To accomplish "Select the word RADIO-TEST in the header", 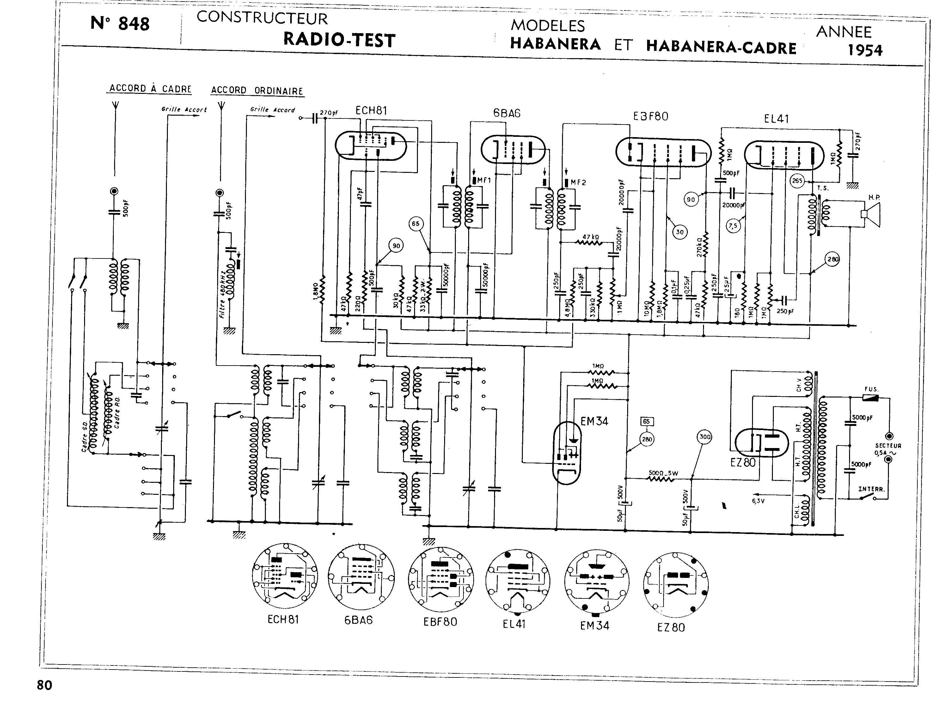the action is tap(339, 40).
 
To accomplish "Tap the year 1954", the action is tap(865, 50).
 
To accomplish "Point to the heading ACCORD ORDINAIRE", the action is tap(257, 90).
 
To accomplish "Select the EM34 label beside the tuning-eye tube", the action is tap(594, 421).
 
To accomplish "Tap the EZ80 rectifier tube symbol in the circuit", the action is tap(762, 443).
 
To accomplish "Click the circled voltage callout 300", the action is tap(705, 437).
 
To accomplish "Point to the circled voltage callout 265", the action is tap(797, 181).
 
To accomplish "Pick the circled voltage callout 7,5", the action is tap(733, 225).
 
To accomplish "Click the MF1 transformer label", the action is tap(483, 181).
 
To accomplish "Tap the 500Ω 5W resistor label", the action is tap(663, 473).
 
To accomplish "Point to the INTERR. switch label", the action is tap(871, 489).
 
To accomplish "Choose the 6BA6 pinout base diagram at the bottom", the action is tap(361, 577).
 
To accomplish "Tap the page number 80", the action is tap(45, 685).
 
